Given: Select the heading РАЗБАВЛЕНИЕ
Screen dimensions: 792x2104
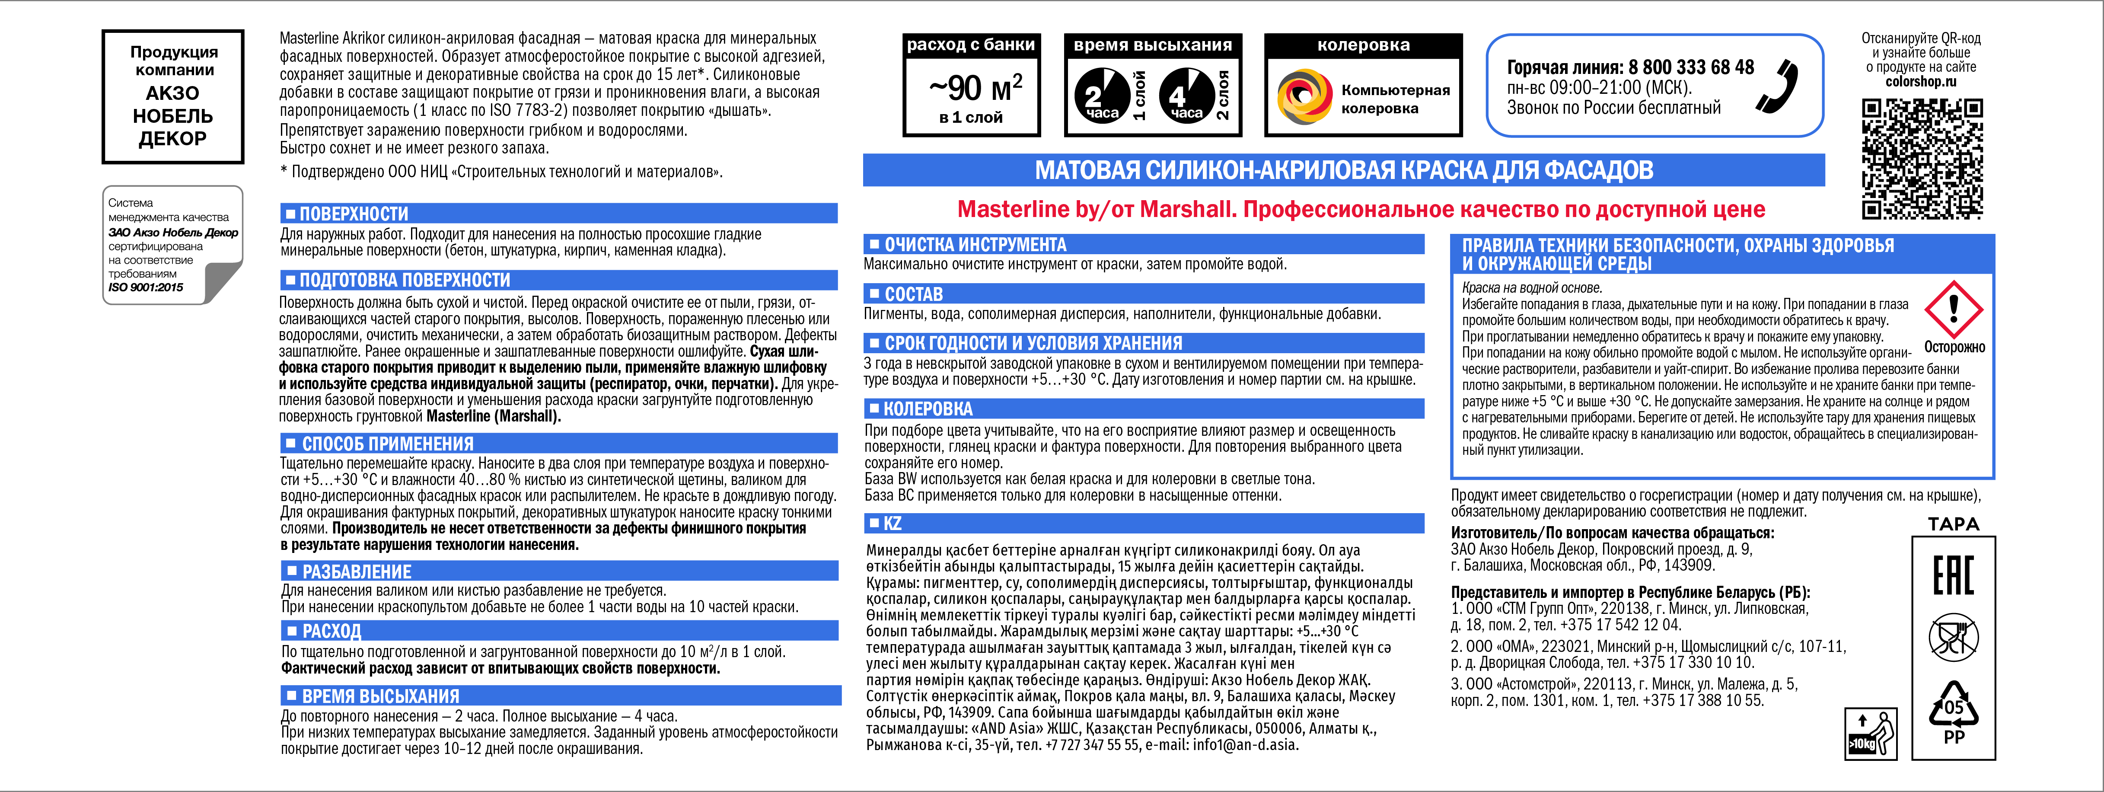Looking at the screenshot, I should pyautogui.click(x=357, y=572).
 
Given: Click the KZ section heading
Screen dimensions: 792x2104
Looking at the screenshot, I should pyautogui.click(x=892, y=523).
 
